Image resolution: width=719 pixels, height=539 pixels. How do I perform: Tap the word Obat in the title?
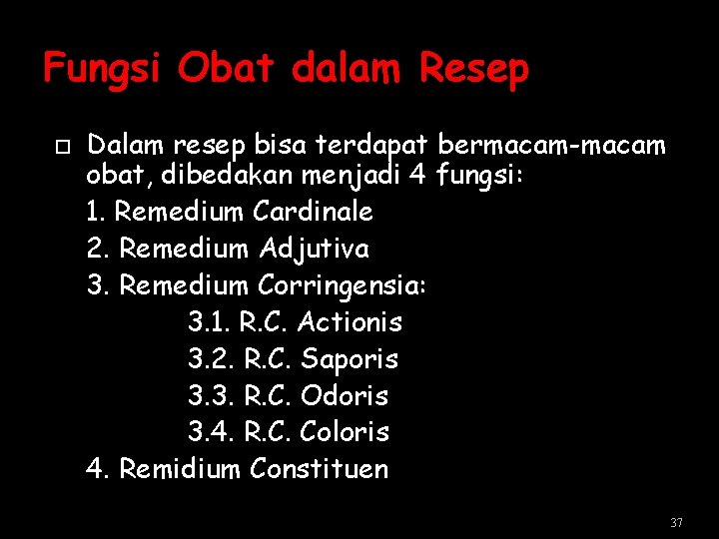coord(226,68)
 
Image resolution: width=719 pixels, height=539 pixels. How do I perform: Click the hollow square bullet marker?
coord(62,147)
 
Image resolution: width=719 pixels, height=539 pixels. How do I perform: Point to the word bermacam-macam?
coord(551,146)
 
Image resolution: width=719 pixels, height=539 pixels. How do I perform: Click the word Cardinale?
coord(313,212)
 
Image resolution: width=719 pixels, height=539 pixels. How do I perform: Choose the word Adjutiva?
coord(314,248)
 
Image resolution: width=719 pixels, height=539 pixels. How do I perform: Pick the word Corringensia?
coord(342,284)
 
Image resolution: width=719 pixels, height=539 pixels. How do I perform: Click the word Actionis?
coord(350,321)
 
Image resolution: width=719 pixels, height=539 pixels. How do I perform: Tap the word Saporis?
coord(349,358)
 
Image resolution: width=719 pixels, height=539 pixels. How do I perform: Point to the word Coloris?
coord(345,432)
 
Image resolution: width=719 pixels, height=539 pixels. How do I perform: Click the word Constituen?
coord(320,469)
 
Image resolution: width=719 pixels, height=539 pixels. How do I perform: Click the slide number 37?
coord(676,523)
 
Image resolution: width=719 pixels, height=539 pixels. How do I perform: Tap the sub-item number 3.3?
coord(209,395)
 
